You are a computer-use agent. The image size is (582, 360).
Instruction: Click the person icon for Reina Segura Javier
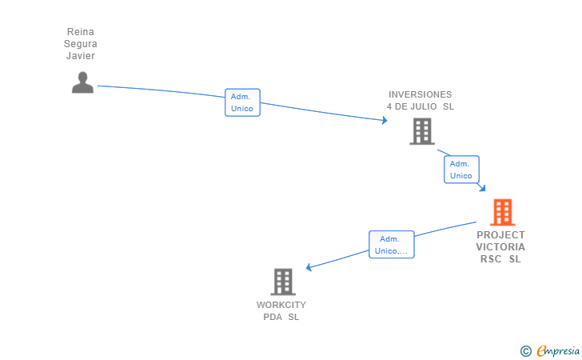[x=82, y=82]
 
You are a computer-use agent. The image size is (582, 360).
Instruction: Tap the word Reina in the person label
[x=80, y=32]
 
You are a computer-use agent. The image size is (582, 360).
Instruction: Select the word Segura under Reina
[x=80, y=44]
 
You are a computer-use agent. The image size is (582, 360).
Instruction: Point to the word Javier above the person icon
[x=80, y=56]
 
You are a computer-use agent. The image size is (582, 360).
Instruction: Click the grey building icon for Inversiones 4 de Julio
[x=421, y=131]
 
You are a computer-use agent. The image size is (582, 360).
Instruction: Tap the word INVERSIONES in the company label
[x=420, y=94]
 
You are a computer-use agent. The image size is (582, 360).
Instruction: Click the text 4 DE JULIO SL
[x=420, y=106]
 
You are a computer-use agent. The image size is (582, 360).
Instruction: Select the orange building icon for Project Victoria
[x=502, y=212]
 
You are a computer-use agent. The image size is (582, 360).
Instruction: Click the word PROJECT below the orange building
[x=500, y=235]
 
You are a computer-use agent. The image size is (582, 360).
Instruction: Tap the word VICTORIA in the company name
[x=500, y=247]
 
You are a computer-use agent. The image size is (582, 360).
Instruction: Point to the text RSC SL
[x=500, y=259]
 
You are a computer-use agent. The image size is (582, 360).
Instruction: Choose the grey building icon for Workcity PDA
[x=283, y=282]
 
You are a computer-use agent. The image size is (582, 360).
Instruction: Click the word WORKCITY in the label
[x=281, y=305]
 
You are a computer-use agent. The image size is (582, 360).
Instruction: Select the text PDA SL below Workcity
[x=281, y=317]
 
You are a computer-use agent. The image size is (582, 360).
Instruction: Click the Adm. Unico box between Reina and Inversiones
[x=242, y=102]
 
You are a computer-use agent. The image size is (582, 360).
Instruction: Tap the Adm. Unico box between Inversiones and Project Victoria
[x=461, y=170]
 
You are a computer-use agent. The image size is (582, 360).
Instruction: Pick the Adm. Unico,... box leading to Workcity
[x=391, y=245]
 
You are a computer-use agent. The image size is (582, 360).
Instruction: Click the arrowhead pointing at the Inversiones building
[x=385, y=121]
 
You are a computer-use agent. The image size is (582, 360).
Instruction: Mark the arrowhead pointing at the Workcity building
[x=309, y=268]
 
